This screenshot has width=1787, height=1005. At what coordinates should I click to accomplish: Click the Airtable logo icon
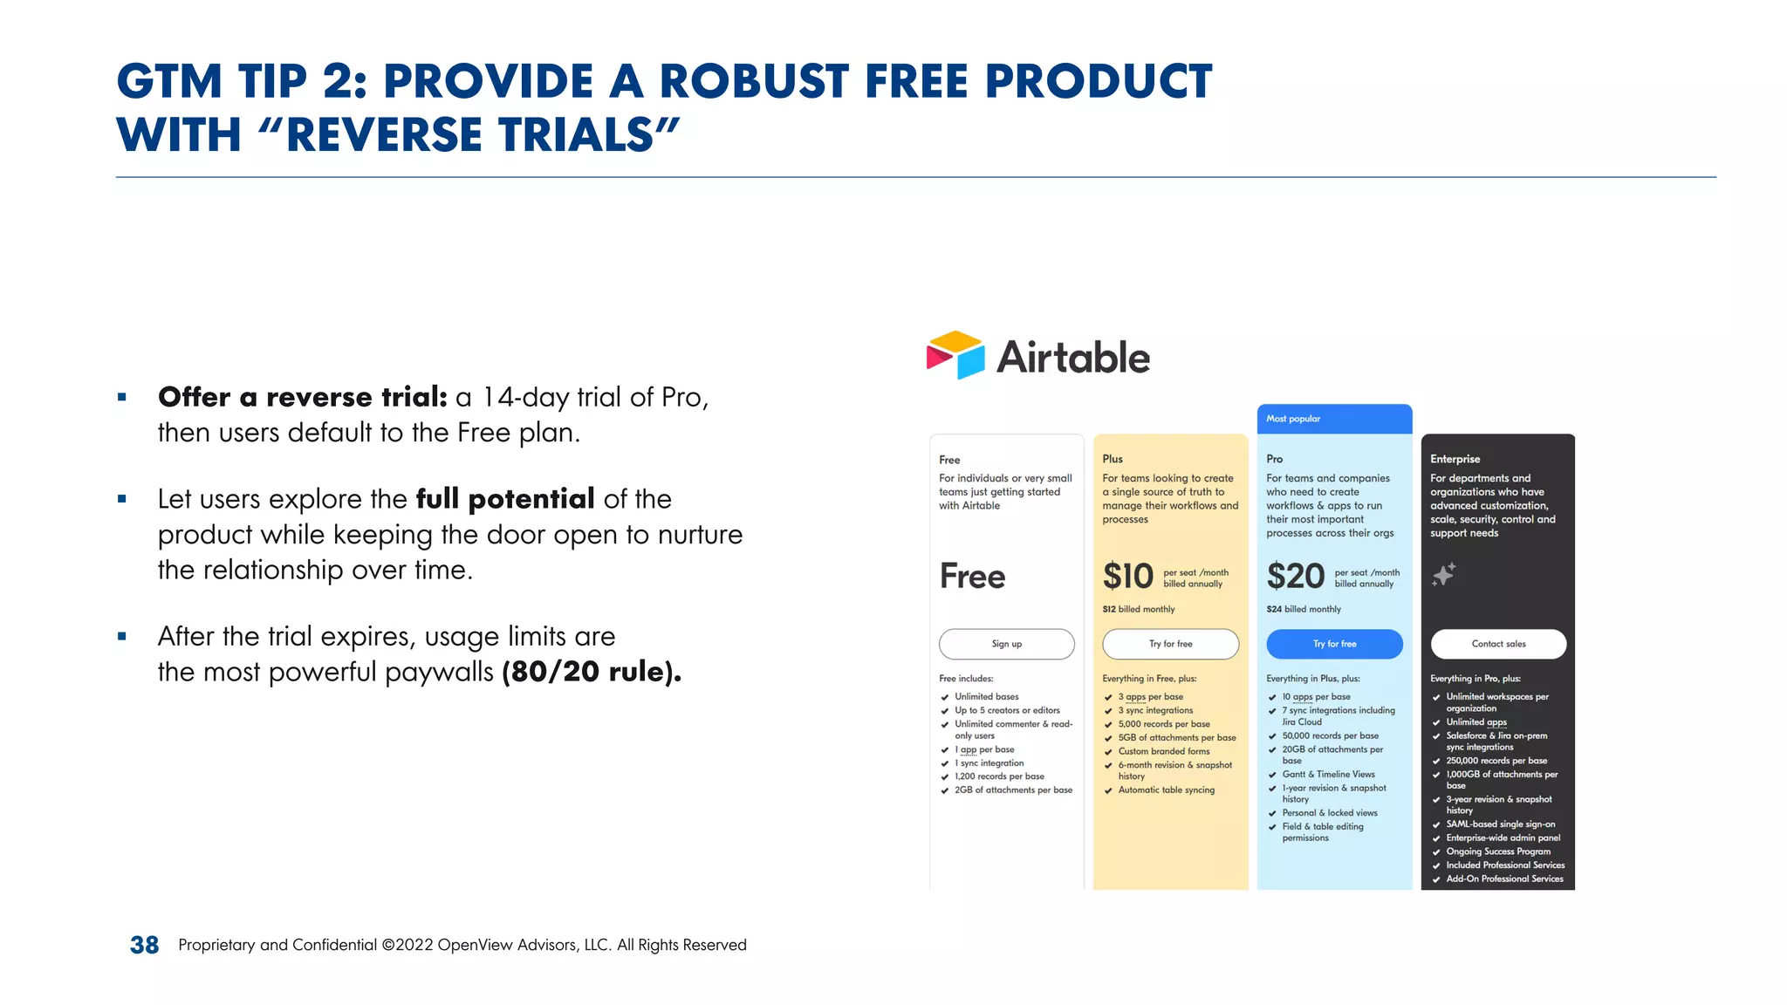coord(955,355)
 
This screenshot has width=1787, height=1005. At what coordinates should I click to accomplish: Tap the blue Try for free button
coord(1334,644)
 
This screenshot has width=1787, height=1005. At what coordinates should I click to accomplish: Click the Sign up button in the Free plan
coord(1006,644)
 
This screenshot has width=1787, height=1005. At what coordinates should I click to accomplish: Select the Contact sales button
coord(1498,644)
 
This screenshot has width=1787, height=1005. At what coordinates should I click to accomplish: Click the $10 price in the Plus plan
coord(1127,577)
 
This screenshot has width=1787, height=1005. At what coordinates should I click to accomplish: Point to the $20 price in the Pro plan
coord(1295,577)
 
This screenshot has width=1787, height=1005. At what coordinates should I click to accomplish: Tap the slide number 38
coord(144,945)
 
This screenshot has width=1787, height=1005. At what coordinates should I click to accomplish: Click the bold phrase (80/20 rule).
coord(592,672)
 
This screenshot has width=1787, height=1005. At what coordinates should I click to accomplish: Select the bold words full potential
coord(504,499)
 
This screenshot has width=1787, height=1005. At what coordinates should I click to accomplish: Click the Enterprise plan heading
coord(1455,459)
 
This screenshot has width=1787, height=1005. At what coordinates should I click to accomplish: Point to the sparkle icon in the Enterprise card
coord(1444,574)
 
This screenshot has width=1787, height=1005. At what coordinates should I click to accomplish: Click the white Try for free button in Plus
coord(1170,644)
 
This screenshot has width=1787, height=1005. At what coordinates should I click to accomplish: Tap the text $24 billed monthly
coord(1304,609)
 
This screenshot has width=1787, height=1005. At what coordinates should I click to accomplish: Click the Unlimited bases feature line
coord(986,696)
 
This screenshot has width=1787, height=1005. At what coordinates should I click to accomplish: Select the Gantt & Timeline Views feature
coord(1328,774)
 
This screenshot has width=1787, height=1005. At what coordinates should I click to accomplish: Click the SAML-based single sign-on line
coord(1500,824)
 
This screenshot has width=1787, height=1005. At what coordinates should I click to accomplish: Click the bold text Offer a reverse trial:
coord(302,397)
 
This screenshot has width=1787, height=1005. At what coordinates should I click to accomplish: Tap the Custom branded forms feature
coord(1163,751)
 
